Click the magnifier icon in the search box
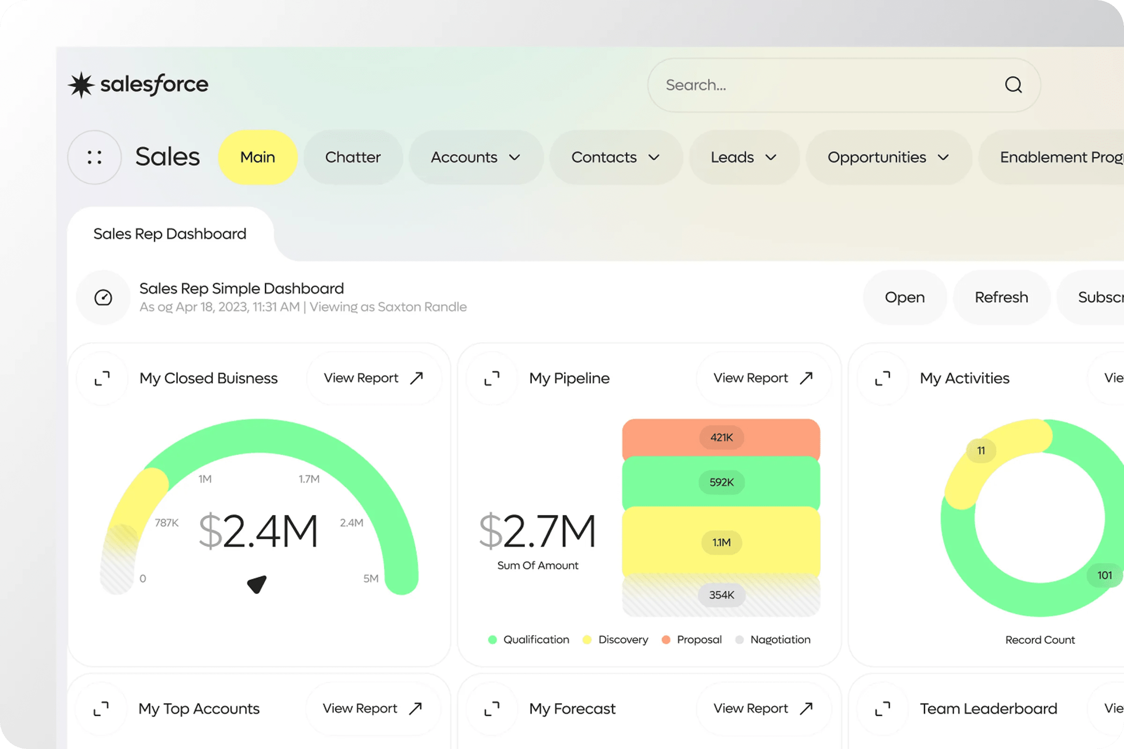pyautogui.click(x=1013, y=85)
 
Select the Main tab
pyautogui.click(x=258, y=157)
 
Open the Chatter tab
pyautogui.click(x=353, y=157)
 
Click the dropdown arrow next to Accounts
pyautogui.click(x=514, y=158)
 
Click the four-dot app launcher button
pyautogui.click(x=95, y=157)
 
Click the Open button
pyautogui.click(x=904, y=297)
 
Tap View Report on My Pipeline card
pyautogui.click(x=763, y=378)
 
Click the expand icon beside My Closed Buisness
pyautogui.click(x=102, y=378)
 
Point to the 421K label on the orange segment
pyautogui.click(x=721, y=437)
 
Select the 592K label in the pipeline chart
pyautogui.click(x=721, y=482)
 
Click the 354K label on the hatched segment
pyautogui.click(x=721, y=595)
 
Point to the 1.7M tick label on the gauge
pyautogui.click(x=309, y=478)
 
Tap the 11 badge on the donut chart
pyautogui.click(x=981, y=450)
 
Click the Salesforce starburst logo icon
pyautogui.click(x=81, y=85)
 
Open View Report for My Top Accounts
pyautogui.click(x=372, y=708)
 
